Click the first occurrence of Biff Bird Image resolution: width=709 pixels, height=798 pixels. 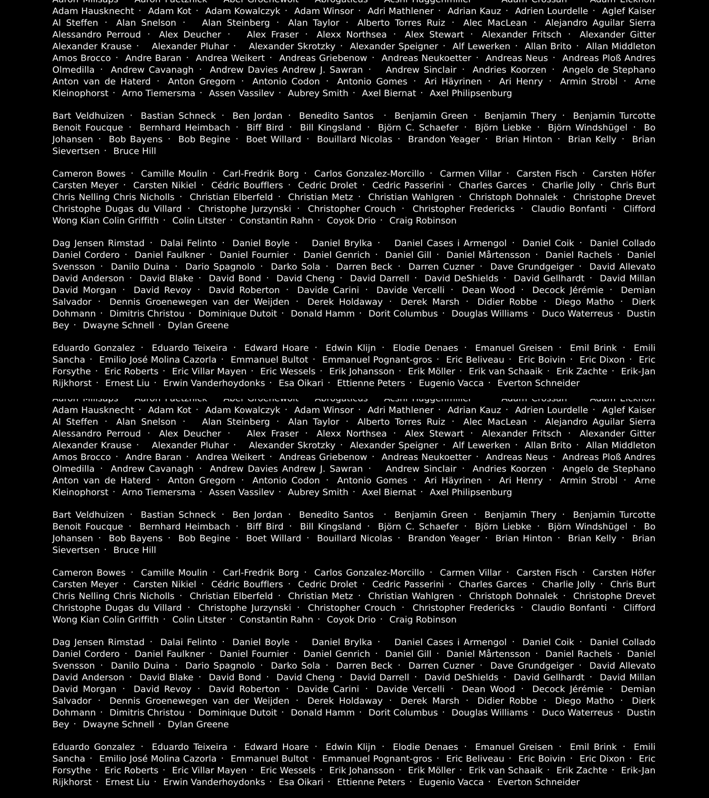[265, 128]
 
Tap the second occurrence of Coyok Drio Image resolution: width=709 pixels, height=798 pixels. [351, 620]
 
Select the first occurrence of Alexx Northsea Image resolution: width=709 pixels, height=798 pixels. [351, 35]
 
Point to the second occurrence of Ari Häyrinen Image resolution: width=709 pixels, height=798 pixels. [453, 481]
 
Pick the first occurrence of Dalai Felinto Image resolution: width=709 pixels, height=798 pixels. [188, 243]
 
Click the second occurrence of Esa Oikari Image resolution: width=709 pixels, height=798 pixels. [301, 782]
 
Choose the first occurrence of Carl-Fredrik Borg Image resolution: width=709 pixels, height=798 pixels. [261, 174]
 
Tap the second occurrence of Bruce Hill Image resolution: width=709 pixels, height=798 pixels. [135, 550]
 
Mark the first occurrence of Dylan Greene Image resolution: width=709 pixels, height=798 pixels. [198, 325]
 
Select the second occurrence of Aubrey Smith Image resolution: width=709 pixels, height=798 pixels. [318, 492]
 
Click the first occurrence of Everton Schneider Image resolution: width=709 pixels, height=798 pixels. [538, 383]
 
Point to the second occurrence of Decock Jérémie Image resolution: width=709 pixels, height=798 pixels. [568, 689]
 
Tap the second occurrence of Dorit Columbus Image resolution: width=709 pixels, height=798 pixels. [403, 713]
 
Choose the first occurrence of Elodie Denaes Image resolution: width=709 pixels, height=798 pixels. [425, 348]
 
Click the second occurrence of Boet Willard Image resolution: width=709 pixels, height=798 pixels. [273, 538]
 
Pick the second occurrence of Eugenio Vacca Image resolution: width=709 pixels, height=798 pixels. [451, 782]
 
